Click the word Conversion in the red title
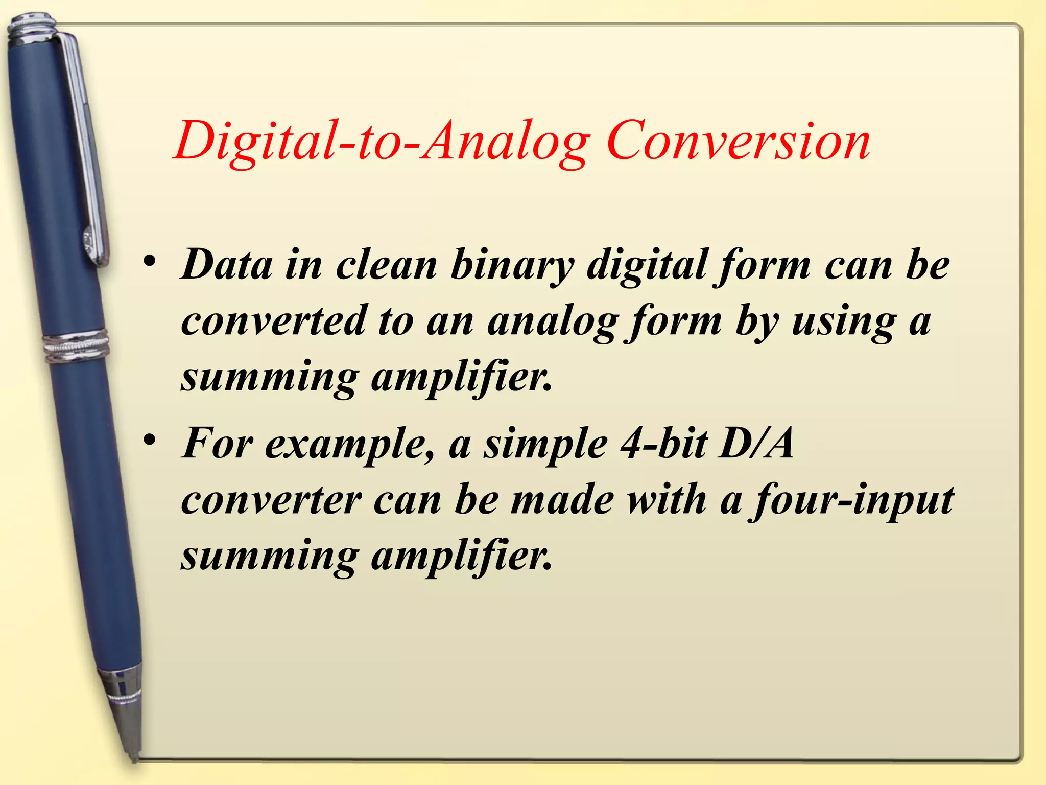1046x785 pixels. click(x=739, y=141)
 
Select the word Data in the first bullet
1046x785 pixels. click(x=227, y=265)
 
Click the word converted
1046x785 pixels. click(x=274, y=321)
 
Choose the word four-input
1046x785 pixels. click(x=851, y=501)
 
